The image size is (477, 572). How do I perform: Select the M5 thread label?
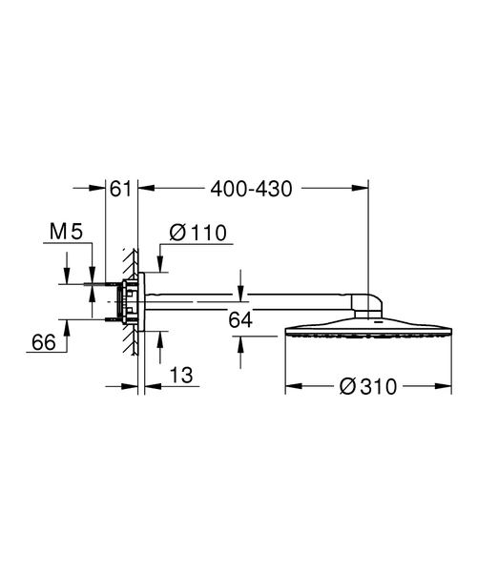pyautogui.click(x=66, y=231)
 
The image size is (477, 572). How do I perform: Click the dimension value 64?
pyautogui.click(x=240, y=320)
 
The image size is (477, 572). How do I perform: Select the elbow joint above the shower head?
pyautogui.click(x=370, y=305)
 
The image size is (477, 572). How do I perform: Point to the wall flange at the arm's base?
pyautogui.click(x=142, y=301)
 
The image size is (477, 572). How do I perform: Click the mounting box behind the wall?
pyautogui.click(x=122, y=301)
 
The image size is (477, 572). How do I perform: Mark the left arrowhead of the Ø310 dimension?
pyautogui.click(x=290, y=386)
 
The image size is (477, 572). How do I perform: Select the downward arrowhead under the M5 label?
pyautogui.click(x=67, y=277)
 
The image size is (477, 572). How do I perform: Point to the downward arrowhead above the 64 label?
pyautogui.click(x=240, y=290)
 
